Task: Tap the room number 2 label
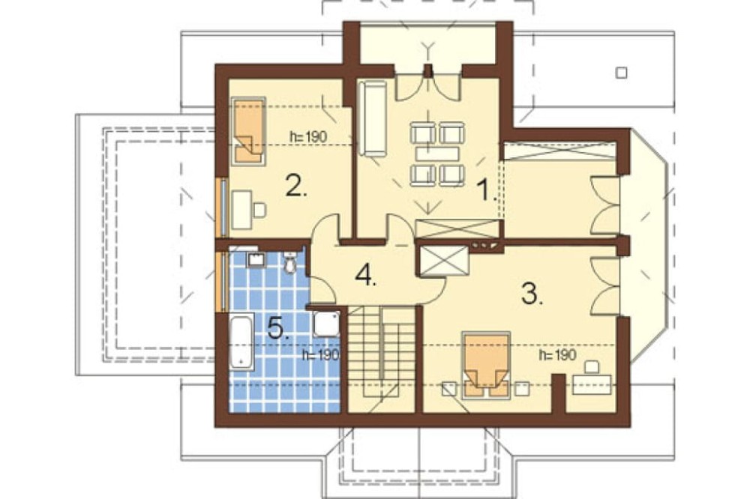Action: (x=296, y=186)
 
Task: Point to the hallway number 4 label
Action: (x=366, y=275)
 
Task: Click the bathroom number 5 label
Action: (x=278, y=328)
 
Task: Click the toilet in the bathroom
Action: (x=289, y=262)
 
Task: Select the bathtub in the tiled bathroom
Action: (x=242, y=341)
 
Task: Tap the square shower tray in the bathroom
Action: (x=327, y=324)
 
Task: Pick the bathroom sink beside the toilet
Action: (x=256, y=259)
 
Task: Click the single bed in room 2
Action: (x=249, y=131)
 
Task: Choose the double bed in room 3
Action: (x=486, y=365)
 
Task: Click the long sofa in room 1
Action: (x=373, y=118)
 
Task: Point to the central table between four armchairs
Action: (x=437, y=154)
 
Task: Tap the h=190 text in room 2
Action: (x=308, y=136)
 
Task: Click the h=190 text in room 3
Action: (x=556, y=355)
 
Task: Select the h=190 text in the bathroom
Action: (x=321, y=354)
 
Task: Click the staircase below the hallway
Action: (x=381, y=359)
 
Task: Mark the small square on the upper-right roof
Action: (x=621, y=73)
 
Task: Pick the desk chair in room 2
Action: (x=259, y=210)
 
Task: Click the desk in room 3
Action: (x=592, y=384)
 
